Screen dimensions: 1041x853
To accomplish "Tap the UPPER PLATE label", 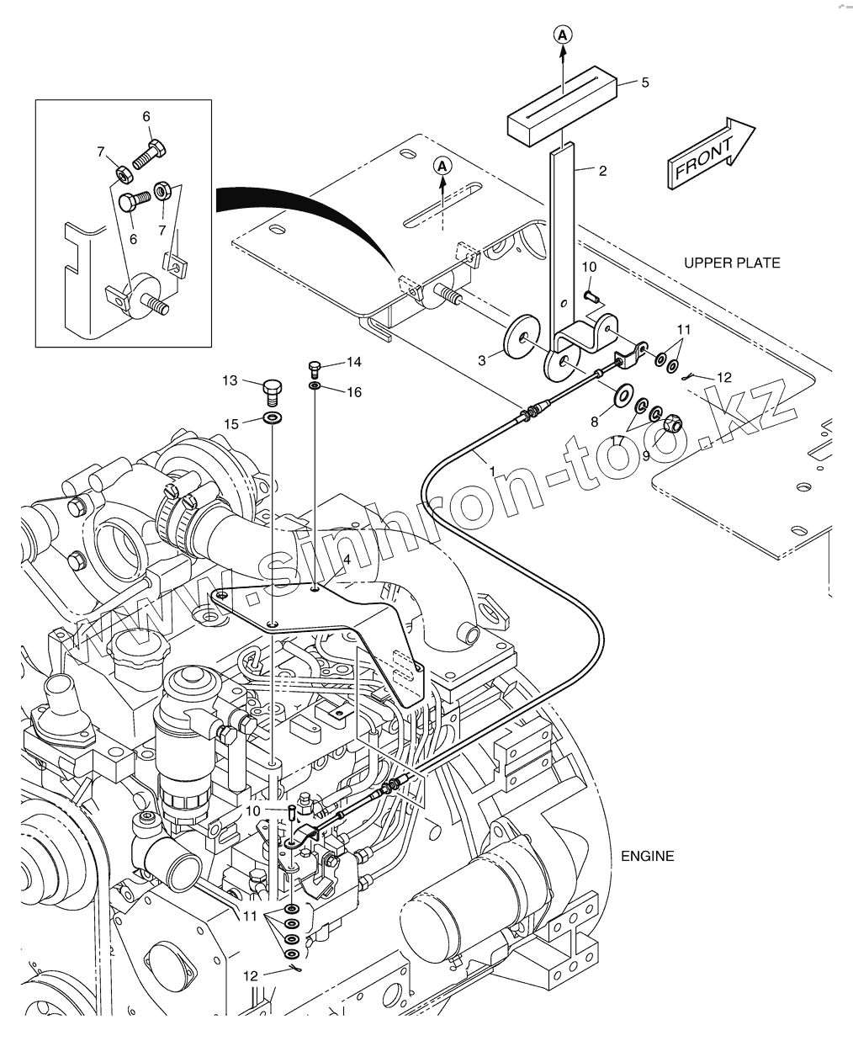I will [x=731, y=263].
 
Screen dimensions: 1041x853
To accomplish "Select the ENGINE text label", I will [x=647, y=856].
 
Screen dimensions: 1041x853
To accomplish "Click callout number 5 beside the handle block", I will [x=645, y=82].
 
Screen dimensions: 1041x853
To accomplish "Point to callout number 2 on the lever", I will [x=602, y=171].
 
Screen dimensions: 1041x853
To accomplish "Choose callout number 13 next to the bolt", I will [x=230, y=381].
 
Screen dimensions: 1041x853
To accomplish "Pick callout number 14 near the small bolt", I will [x=353, y=363].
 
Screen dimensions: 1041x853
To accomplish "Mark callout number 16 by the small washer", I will [x=353, y=392].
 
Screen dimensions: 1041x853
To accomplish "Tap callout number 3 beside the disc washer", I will [x=482, y=360].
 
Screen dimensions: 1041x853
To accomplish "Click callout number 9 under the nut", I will [x=646, y=455].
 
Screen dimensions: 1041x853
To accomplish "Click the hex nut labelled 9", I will [x=673, y=425].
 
